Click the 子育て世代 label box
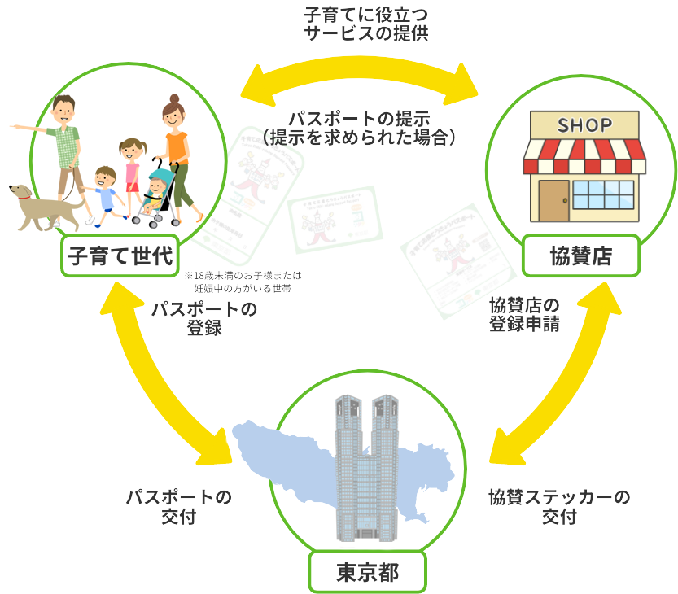(120, 256)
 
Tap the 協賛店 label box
(580, 256)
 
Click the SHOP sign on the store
(584, 125)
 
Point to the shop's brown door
(553, 199)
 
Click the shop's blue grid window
(603, 195)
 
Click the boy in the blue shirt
(104, 193)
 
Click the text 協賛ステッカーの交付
(559, 506)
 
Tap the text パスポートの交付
(178, 506)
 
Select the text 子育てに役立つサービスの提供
(365, 24)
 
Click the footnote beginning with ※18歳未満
(255, 282)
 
